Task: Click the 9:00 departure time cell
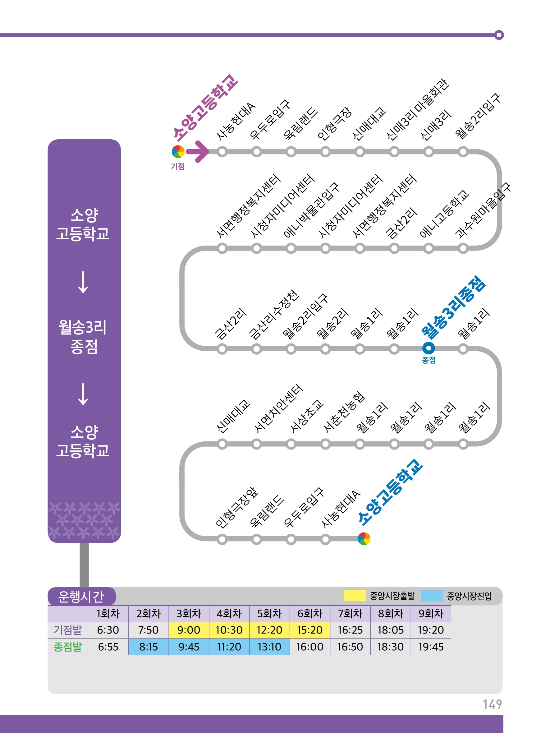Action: pos(189,630)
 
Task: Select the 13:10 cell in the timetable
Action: pos(269,647)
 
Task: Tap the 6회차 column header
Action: pos(309,613)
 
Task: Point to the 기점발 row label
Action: pos(68,630)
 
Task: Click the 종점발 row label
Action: pos(68,647)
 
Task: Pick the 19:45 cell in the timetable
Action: pos(431,647)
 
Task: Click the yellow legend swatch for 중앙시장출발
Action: pos(354,596)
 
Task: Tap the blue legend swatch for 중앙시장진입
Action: pos(431,596)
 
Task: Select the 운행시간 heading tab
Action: pos(81,596)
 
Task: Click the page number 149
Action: pos(492,704)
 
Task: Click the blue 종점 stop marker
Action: pos(429,348)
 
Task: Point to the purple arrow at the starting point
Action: pos(197,152)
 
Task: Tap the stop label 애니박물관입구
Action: pos(311,210)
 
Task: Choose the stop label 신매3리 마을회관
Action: pos(417,110)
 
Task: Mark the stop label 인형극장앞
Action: pos(236,507)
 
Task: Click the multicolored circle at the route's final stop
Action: pos(364,539)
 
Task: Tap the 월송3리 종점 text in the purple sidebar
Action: pos(83,337)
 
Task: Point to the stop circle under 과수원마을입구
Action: pos(463,248)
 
